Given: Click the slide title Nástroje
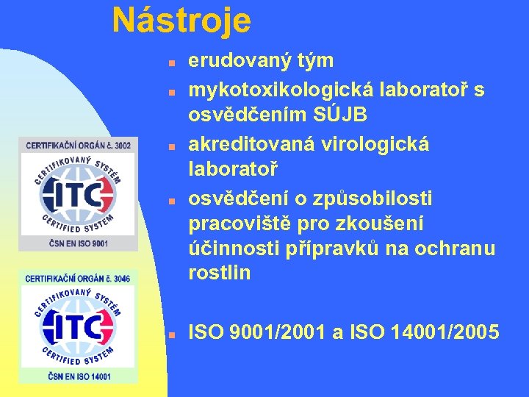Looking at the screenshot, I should [181, 21].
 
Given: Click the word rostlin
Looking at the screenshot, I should [220, 273].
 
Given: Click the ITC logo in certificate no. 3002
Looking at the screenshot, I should [79, 194].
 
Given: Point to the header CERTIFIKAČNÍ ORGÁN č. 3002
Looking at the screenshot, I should [79, 146].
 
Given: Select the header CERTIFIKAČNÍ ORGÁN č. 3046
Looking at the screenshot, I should [79, 278].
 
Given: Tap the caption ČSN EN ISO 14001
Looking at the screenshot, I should [79, 376].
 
